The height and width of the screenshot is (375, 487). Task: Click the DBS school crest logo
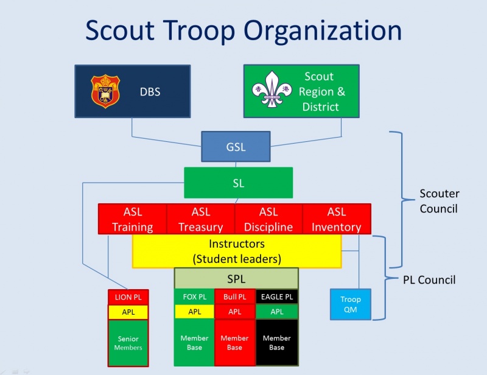[x=104, y=91]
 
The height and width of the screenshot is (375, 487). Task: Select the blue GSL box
[x=236, y=147]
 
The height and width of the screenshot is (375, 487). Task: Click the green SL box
[x=238, y=183]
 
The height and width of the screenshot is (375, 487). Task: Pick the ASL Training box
[x=133, y=219]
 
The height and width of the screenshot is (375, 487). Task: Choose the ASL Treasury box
[x=201, y=219]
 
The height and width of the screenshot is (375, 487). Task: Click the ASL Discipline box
[x=268, y=219]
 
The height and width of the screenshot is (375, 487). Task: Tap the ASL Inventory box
[x=337, y=219]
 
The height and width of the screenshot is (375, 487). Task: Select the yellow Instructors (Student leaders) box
[x=237, y=251]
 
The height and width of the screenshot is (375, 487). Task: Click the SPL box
[x=236, y=278]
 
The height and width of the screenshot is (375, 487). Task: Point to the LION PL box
[x=128, y=297]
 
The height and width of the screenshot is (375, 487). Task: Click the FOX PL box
[x=194, y=297]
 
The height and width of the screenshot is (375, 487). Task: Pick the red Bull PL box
[x=234, y=297]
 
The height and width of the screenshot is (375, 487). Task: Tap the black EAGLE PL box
[x=276, y=297]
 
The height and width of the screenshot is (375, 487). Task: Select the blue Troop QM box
[x=350, y=304]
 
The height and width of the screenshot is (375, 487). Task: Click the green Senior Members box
[x=128, y=343]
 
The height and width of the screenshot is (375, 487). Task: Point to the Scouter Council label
[x=440, y=201]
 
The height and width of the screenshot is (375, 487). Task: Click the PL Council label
[x=429, y=280]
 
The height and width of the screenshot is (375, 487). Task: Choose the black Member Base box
[x=276, y=343]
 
